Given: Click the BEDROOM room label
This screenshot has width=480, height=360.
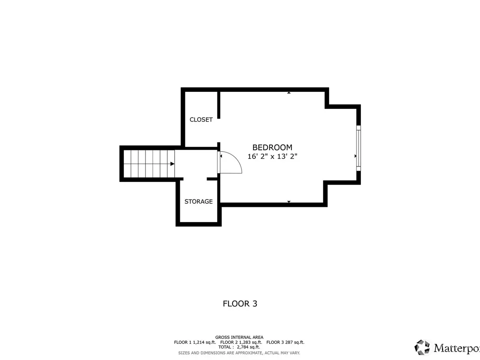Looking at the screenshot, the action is tap(272, 147).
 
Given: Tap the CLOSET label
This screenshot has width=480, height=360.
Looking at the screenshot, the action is tap(201, 120).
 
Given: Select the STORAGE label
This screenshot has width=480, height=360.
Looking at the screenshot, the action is tap(198, 201).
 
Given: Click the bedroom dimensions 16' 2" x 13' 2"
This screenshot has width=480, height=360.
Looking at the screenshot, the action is tap(272, 156).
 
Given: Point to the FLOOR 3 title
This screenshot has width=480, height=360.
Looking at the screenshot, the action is tap(240, 304).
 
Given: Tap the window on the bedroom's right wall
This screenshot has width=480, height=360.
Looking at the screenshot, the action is tap(358, 148).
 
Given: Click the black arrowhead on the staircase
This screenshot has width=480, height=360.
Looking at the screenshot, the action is tap(172, 164).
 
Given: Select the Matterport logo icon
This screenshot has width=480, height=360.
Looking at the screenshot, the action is tap(423, 347).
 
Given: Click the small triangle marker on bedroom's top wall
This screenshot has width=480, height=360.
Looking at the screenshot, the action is tap(289, 93).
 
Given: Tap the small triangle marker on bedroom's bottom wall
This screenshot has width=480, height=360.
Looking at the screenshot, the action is tap(289, 201).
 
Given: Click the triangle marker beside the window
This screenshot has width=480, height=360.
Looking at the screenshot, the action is tap(355, 156).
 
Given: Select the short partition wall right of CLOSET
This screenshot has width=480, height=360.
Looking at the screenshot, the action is tap(219, 105).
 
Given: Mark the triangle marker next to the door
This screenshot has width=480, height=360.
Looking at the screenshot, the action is tap(221, 156).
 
